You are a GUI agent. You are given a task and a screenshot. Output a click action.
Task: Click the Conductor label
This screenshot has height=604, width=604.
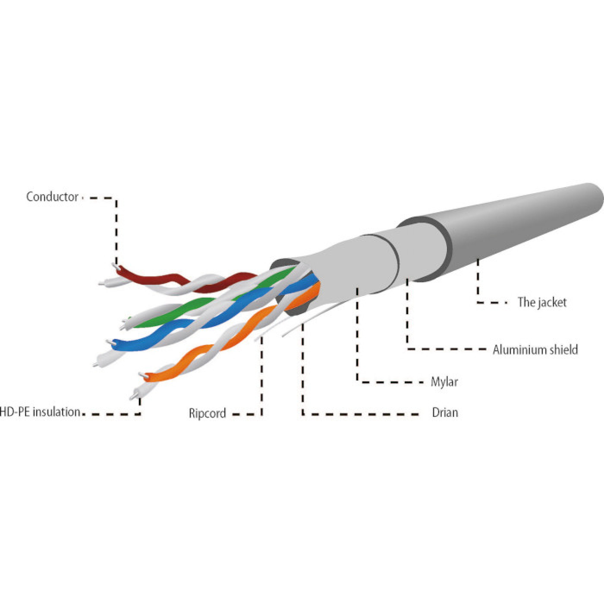(52, 197)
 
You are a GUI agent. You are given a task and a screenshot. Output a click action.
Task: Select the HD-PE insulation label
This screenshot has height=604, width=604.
(40, 412)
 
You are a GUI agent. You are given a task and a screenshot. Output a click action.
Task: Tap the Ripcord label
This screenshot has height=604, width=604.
(207, 413)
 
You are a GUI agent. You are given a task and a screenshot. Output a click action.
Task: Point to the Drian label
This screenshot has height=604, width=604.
(445, 413)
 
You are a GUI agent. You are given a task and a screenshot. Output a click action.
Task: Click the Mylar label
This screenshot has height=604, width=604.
(444, 382)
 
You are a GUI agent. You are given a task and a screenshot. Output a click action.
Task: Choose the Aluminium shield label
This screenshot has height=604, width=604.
(535, 349)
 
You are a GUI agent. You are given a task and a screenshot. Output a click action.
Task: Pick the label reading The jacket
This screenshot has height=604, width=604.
(542, 302)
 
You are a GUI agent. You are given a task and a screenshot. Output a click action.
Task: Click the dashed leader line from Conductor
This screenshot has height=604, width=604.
(116, 229)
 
